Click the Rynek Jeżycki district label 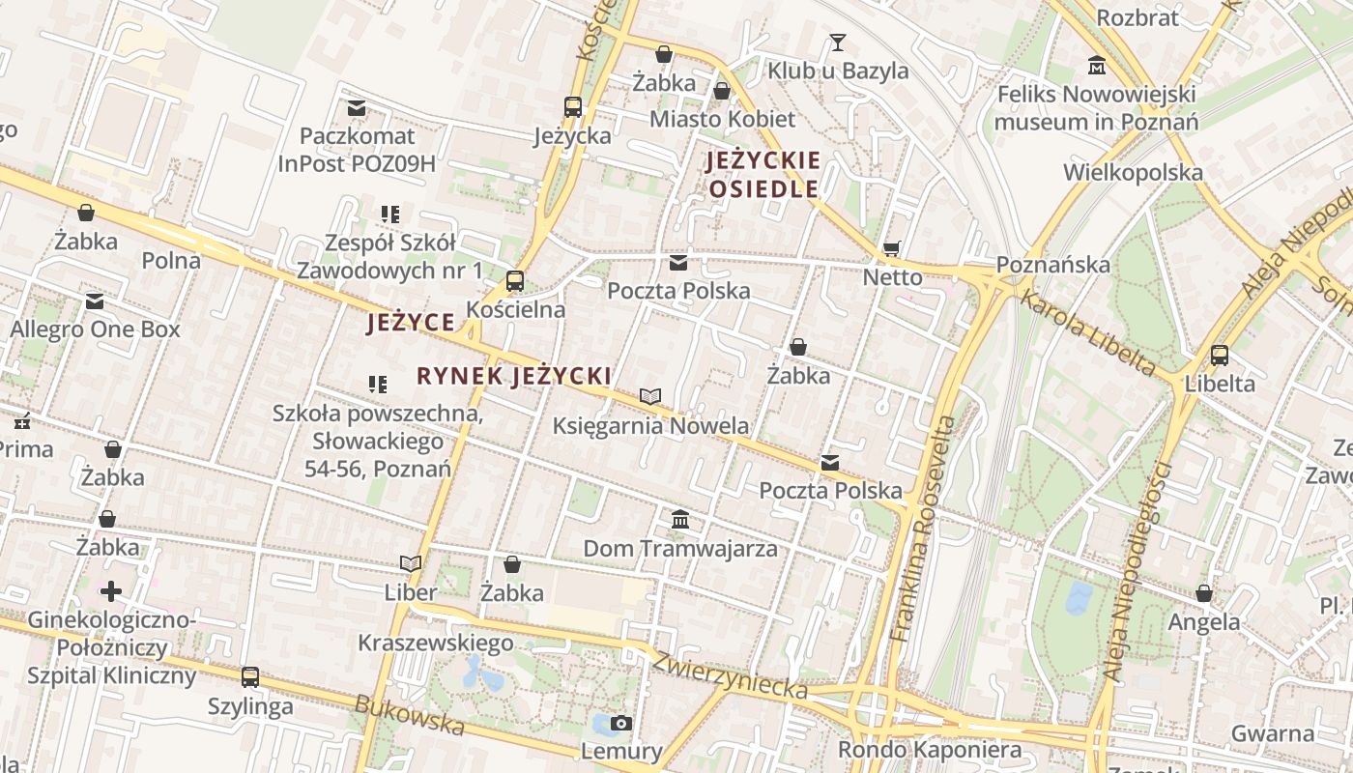(513, 376)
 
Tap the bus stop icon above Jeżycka (573, 107)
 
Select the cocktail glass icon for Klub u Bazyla (837, 43)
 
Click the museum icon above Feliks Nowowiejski (1097, 66)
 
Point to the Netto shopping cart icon (891, 249)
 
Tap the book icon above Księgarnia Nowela (650, 396)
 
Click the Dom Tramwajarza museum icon (680, 520)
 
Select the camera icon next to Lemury (621, 723)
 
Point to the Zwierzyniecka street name (730, 674)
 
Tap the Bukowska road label (410, 716)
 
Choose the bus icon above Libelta (1220, 355)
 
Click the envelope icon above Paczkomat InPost (357, 107)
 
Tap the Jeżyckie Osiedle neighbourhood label (763, 175)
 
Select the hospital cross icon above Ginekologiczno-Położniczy (111, 590)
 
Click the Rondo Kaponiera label (929, 750)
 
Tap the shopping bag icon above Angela (1204, 593)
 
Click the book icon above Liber (411, 563)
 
